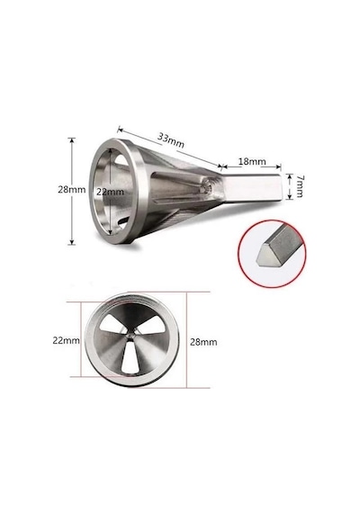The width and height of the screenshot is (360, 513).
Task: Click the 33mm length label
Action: [170, 140]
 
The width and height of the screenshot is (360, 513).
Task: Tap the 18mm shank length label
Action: [252, 161]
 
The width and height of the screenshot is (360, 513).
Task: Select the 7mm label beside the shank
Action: [299, 186]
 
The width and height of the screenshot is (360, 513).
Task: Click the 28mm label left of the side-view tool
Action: [72, 189]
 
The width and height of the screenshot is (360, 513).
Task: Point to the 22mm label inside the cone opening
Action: [111, 192]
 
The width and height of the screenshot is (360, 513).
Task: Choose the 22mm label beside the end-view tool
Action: [66, 340]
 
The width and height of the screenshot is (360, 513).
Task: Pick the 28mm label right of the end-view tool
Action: [203, 342]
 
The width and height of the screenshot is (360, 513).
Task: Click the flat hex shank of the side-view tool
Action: [253, 189]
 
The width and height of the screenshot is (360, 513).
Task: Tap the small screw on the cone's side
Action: [207, 186]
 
